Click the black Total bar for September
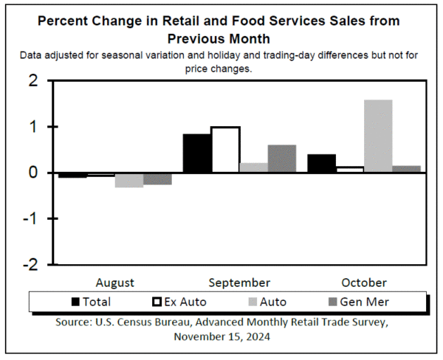(196, 153)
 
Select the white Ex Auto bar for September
(225, 150)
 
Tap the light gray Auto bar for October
(378, 136)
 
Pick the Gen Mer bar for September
(282, 159)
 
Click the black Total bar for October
(321, 163)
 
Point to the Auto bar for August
(129, 180)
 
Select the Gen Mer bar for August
(157, 179)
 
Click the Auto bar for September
(253, 167)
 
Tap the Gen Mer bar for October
(406, 169)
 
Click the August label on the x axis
(115, 283)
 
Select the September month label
(239, 283)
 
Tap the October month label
(363, 283)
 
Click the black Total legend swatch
(76, 302)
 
